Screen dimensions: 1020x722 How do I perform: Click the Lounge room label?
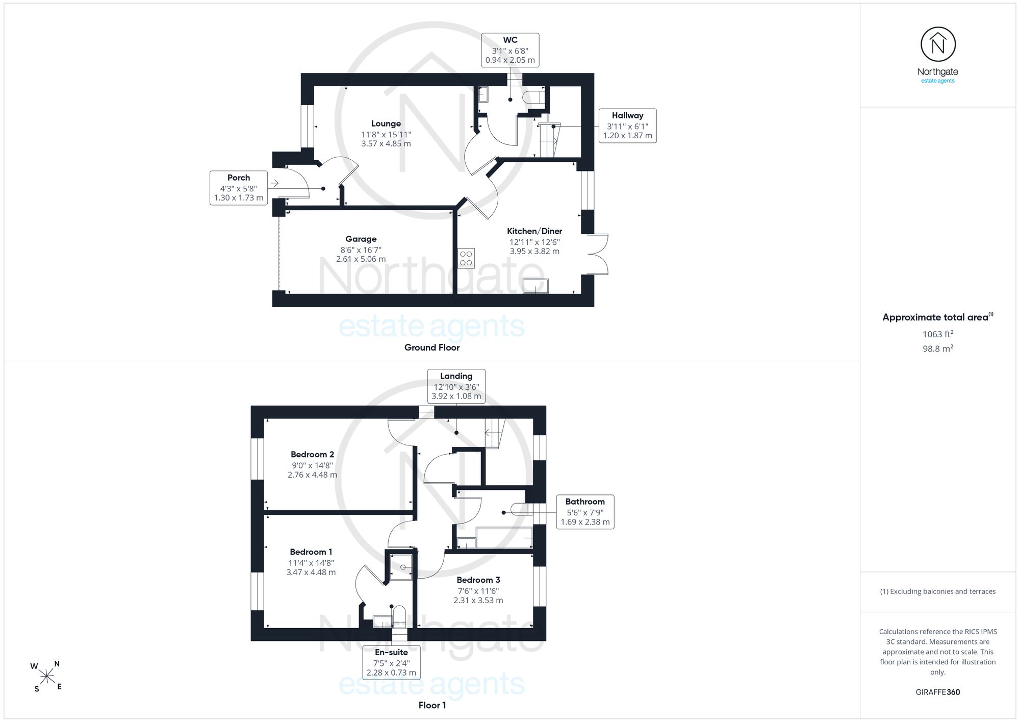point(386,123)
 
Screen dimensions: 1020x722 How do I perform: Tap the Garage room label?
point(361,239)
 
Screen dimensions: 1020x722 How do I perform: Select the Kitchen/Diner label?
point(534,231)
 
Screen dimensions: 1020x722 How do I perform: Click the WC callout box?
point(510,50)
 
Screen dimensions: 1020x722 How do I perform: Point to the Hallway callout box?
point(627,126)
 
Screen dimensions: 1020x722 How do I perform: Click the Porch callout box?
point(239,188)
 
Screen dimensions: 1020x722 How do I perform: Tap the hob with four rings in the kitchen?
point(466,258)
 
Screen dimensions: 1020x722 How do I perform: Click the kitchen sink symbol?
point(536,286)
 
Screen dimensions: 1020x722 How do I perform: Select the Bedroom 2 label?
point(312,454)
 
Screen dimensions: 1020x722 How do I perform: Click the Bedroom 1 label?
point(311,552)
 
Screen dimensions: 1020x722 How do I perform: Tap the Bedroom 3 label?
point(478,580)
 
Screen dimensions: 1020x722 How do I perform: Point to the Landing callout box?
point(456,386)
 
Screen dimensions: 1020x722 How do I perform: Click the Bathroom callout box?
point(585,512)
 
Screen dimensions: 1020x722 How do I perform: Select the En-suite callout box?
point(391,662)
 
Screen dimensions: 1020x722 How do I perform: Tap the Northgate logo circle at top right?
point(938,45)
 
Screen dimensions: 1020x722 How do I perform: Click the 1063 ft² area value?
point(938,334)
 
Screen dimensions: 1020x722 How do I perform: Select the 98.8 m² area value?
point(938,348)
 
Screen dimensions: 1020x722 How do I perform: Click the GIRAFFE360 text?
point(938,692)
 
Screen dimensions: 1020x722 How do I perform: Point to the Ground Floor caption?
point(432,347)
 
